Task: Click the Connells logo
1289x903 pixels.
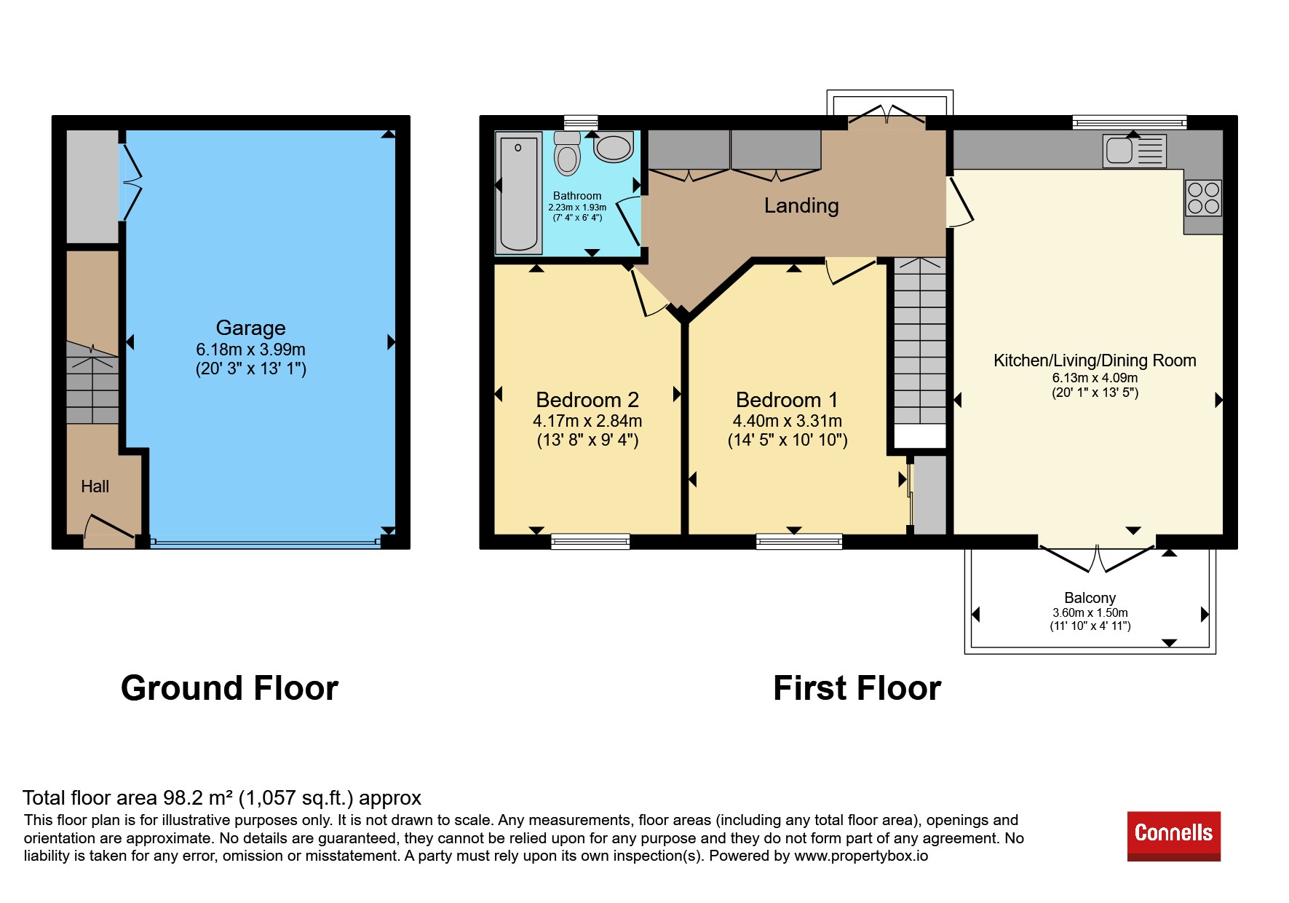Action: click(x=1173, y=836)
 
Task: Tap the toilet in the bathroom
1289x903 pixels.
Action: click(x=567, y=153)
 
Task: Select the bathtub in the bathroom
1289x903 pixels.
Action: click(x=519, y=193)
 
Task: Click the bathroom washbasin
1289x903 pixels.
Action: click(x=614, y=147)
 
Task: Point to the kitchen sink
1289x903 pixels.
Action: click(x=1134, y=151)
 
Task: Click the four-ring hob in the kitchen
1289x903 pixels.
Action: click(x=1203, y=198)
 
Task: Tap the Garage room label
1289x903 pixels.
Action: click(x=250, y=328)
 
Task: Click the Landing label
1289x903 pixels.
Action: click(x=801, y=206)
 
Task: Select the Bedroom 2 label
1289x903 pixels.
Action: click(x=587, y=400)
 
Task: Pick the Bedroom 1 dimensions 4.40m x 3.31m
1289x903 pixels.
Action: click(x=788, y=421)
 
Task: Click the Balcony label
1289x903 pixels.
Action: click(x=1090, y=598)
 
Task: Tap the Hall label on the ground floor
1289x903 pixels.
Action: click(x=95, y=486)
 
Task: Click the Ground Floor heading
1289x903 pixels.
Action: click(x=229, y=688)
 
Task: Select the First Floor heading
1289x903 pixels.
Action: click(x=857, y=688)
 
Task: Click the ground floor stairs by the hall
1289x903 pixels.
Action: click(x=92, y=382)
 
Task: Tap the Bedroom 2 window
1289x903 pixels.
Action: click(x=590, y=541)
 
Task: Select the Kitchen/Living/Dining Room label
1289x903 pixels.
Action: click(x=1095, y=360)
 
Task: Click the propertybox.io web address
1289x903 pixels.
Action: click(x=861, y=856)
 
